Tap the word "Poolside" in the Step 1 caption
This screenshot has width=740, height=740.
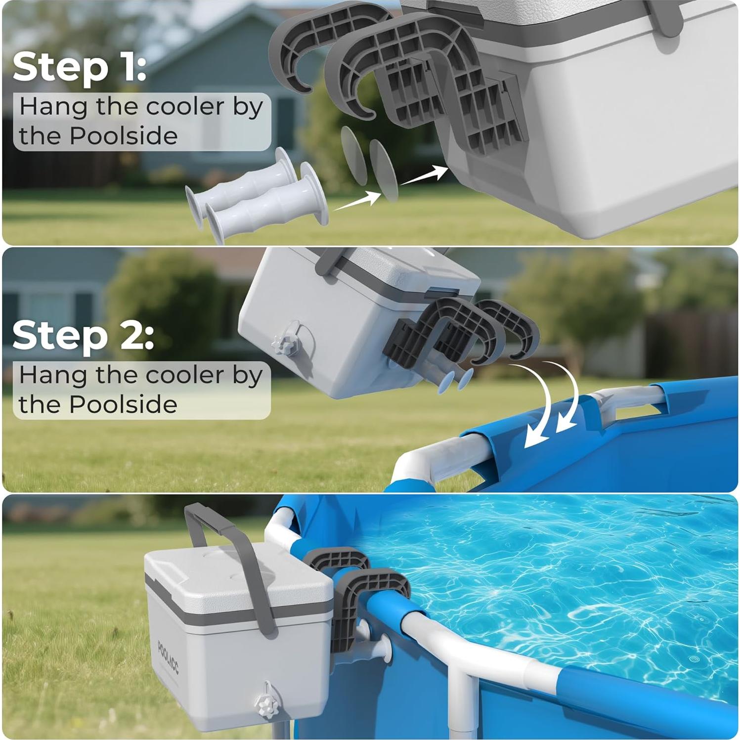point(124,136)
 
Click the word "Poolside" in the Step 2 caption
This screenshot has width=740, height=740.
point(123,404)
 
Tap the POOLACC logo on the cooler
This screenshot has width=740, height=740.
point(169,657)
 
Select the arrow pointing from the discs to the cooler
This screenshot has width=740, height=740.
point(423,175)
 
